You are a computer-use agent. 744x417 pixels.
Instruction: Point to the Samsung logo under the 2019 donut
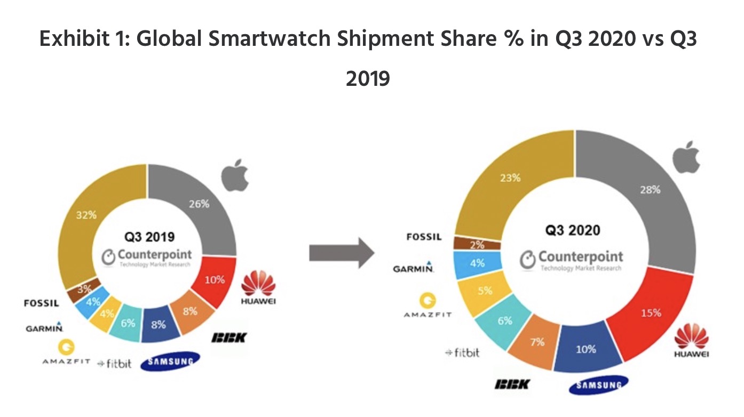coord(170,361)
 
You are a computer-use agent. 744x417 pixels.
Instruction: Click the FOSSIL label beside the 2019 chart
coord(42,303)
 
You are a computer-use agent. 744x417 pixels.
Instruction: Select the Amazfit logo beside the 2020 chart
coord(427,306)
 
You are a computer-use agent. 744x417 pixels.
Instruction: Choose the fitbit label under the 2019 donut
coord(115,363)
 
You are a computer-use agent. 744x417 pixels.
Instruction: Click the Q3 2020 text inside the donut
coord(572,230)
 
